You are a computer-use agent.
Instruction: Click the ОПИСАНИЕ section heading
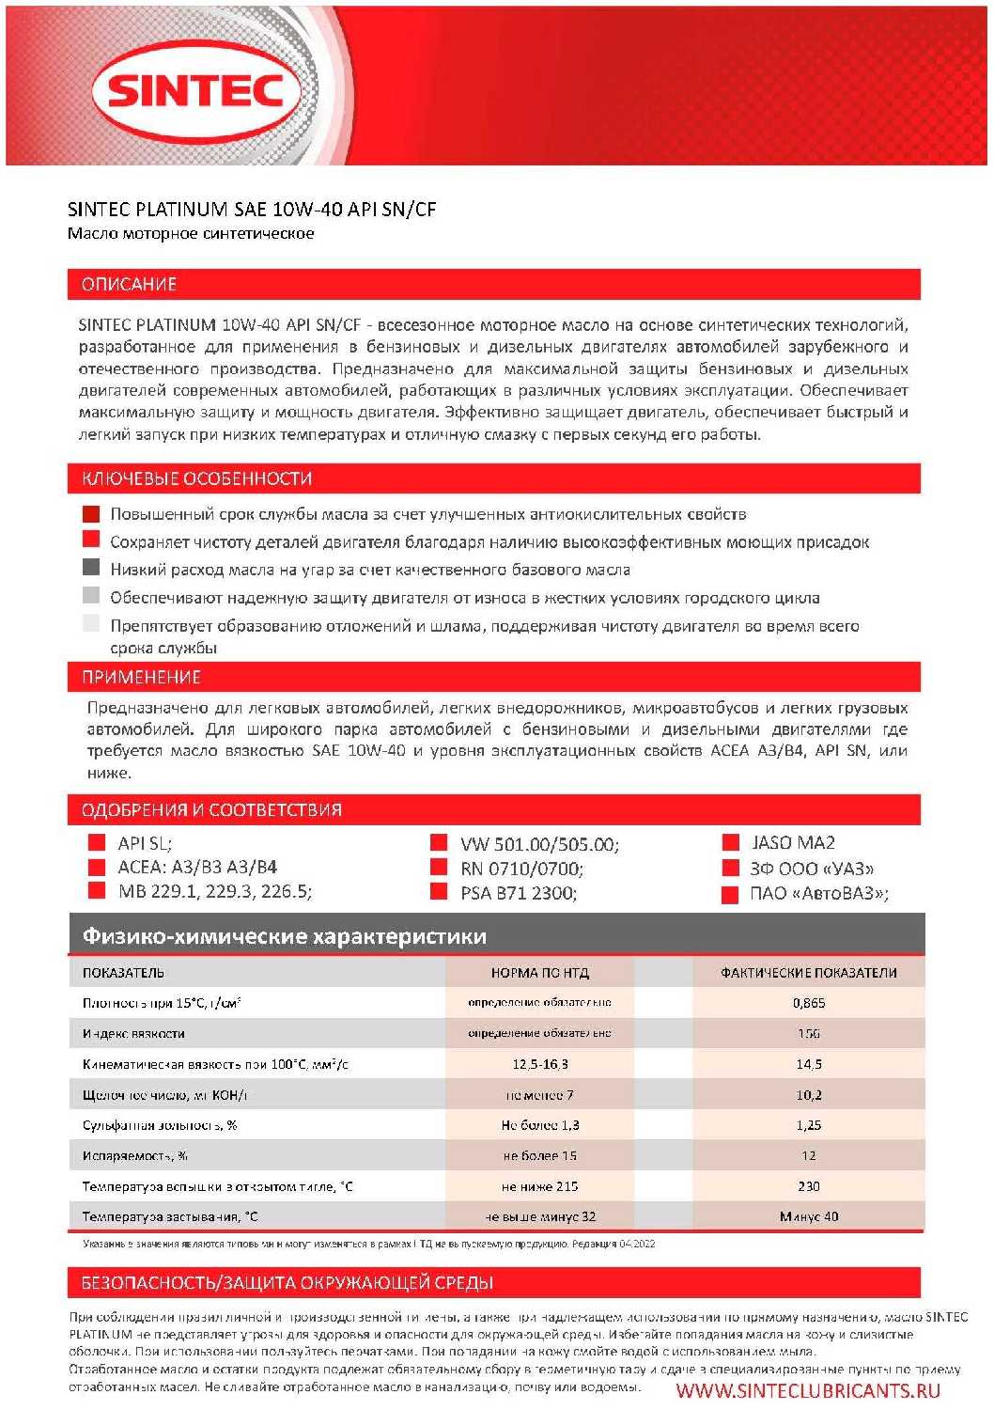pyautogui.click(x=129, y=284)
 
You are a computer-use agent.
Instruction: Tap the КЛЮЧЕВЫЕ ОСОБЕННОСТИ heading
pyautogui.click(x=196, y=478)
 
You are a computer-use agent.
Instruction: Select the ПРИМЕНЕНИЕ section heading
pyautogui.click(x=141, y=677)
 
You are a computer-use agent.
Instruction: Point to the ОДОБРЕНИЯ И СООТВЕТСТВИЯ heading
pyautogui.click(x=211, y=809)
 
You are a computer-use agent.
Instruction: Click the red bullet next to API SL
pyautogui.click(x=96, y=842)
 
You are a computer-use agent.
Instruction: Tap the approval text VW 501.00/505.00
pyautogui.click(x=539, y=844)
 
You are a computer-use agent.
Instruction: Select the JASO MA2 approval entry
pyautogui.click(x=792, y=842)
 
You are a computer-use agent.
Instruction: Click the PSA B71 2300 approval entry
pyautogui.click(x=519, y=893)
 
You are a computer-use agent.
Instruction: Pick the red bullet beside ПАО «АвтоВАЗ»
pyautogui.click(x=730, y=895)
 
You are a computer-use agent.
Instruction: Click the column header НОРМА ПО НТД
pyautogui.click(x=539, y=973)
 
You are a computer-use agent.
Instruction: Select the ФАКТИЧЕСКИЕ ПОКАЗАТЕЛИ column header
pyautogui.click(x=808, y=973)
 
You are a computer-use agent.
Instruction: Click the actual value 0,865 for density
pyautogui.click(x=808, y=1003)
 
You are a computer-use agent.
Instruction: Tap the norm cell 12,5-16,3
pyautogui.click(x=539, y=1064)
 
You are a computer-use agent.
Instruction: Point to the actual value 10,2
pyautogui.click(x=808, y=1095)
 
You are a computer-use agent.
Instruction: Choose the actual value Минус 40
pyautogui.click(x=808, y=1216)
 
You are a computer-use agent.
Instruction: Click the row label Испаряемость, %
pyautogui.click(x=135, y=1156)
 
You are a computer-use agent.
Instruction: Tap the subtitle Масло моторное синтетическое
pyautogui.click(x=191, y=233)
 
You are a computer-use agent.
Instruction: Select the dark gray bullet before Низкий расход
pyautogui.click(x=91, y=567)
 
